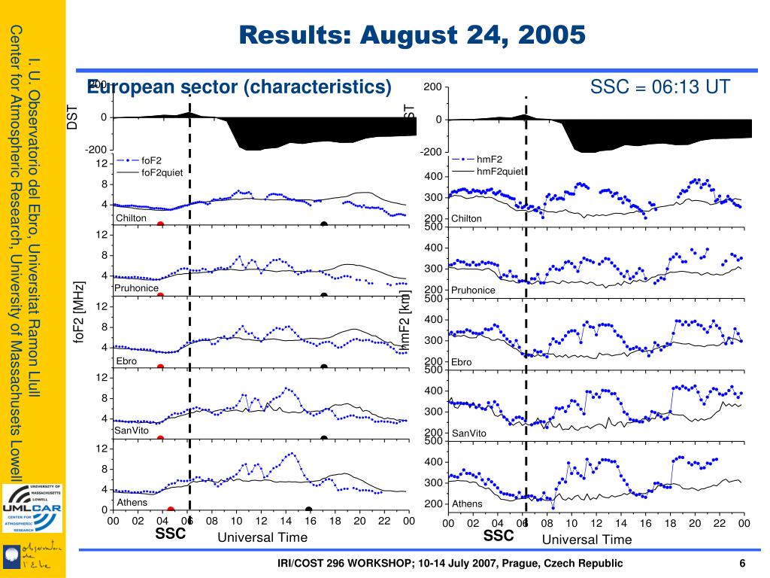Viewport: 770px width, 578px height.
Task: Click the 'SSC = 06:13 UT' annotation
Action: point(659,87)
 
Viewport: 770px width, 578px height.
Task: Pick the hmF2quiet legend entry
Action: point(499,171)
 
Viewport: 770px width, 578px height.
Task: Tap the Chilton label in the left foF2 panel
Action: point(131,218)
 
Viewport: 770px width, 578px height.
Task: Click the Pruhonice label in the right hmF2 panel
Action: point(473,290)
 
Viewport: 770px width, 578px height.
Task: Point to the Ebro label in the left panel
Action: point(126,361)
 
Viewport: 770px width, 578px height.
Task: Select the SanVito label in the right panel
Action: point(468,433)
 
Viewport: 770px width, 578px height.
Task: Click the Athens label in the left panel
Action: point(132,502)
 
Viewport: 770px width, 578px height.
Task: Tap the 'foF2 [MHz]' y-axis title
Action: point(78,313)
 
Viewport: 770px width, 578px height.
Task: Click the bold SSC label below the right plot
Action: point(499,536)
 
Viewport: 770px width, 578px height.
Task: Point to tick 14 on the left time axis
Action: point(286,522)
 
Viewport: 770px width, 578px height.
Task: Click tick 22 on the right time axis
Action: point(719,524)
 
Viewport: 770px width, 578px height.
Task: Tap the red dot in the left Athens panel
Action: point(171,510)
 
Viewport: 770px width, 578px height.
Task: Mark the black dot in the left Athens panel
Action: point(308,510)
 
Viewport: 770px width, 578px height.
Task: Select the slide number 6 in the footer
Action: point(742,564)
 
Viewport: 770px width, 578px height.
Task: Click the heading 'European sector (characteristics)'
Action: point(240,87)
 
